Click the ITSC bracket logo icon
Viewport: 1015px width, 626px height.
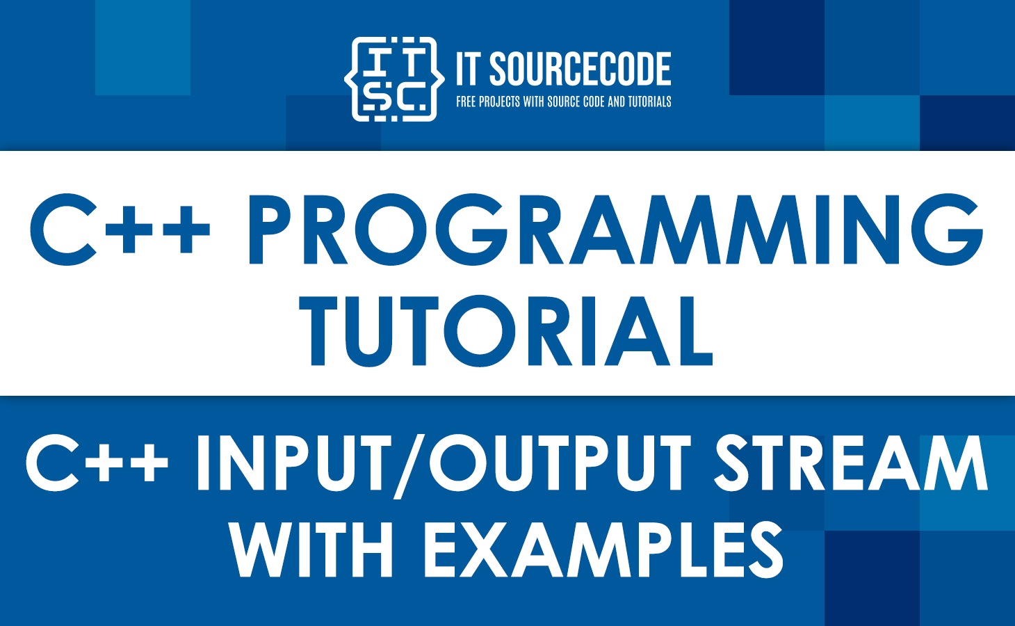tap(394, 79)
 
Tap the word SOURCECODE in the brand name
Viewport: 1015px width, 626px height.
tap(580, 70)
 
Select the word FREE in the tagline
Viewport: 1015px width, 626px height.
tap(466, 102)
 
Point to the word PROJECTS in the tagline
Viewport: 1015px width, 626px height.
tap(499, 102)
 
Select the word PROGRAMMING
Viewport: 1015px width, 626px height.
tap(615, 229)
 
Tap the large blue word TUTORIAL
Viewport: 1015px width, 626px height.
tap(507, 331)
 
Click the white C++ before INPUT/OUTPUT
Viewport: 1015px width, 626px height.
tap(97, 463)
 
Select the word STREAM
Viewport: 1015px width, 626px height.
tap(851, 463)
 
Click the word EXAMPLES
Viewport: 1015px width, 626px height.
tap(603, 550)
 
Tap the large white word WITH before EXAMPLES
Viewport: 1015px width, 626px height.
tap(312, 550)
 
